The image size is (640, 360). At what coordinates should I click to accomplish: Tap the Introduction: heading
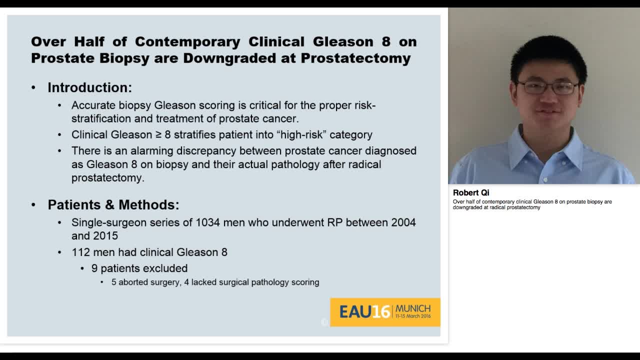(89, 87)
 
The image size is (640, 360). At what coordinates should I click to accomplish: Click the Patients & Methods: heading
(113, 204)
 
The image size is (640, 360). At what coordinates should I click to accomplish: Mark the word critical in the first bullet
(260, 105)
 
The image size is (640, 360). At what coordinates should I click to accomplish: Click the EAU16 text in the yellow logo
(364, 312)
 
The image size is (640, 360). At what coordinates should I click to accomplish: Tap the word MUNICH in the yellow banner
(412, 308)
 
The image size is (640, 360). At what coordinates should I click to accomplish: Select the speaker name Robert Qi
(471, 192)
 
